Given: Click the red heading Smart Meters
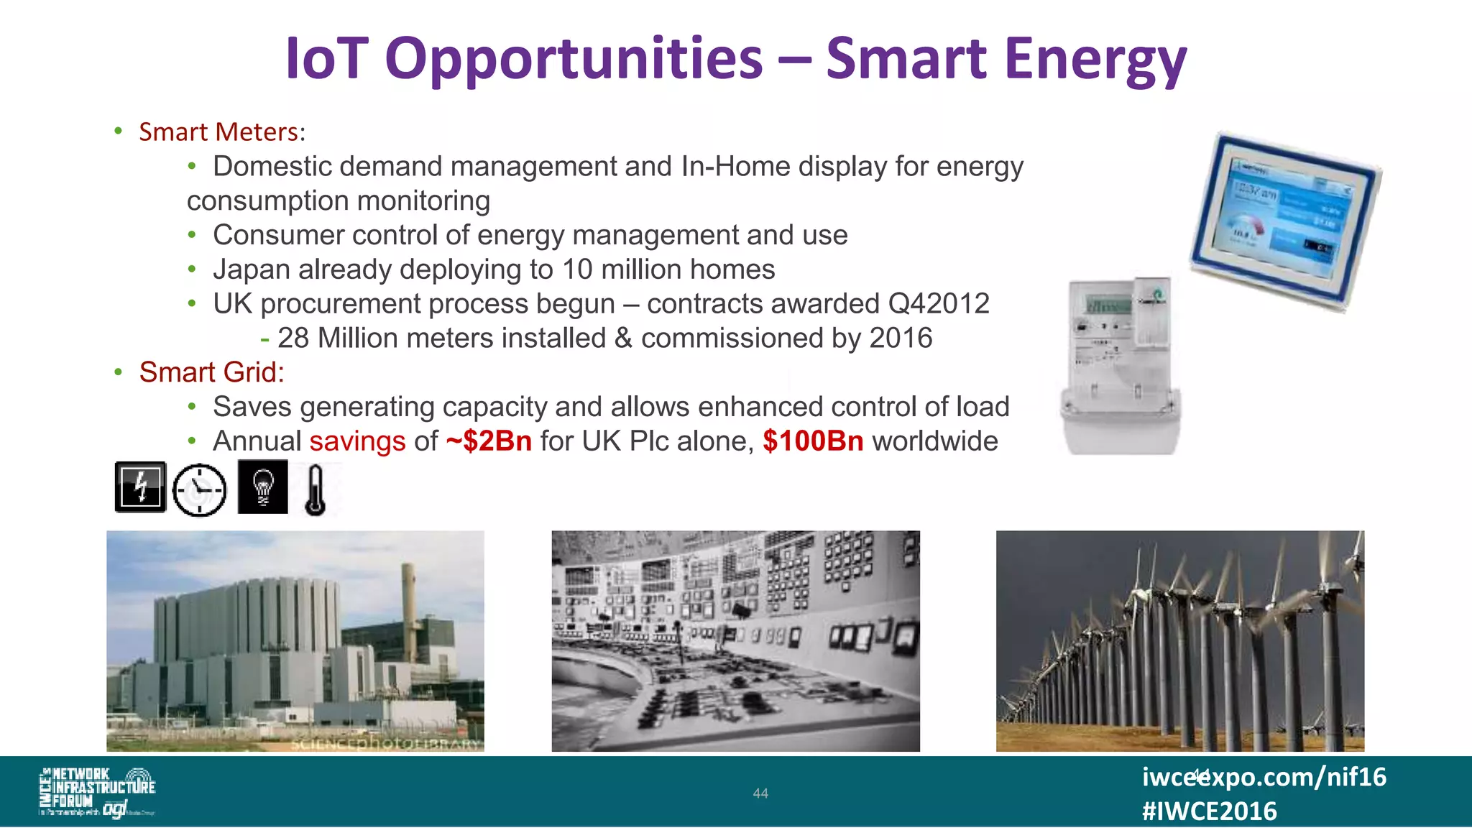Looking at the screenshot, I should pos(218,132).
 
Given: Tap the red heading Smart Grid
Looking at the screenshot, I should pos(211,372).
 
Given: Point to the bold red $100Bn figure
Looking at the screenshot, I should pos(813,441).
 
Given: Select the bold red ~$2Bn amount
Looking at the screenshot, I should pos(489,441).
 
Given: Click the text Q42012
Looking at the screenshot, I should pos(939,304).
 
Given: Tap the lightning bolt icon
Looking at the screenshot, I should pos(141,487).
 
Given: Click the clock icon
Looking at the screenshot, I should pos(200,490).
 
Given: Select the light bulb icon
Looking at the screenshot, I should pos(263,487).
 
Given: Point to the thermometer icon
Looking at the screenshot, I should pos(315,490).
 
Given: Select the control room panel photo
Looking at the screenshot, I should pos(735,641).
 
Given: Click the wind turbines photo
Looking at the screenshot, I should pos(1179,641).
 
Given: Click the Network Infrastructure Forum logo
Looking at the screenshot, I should pos(97,791).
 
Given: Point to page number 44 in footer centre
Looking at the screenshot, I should pos(760,793).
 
